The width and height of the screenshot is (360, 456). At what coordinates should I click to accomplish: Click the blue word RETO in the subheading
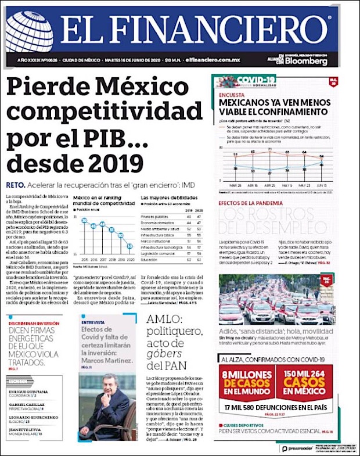coord(15,185)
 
